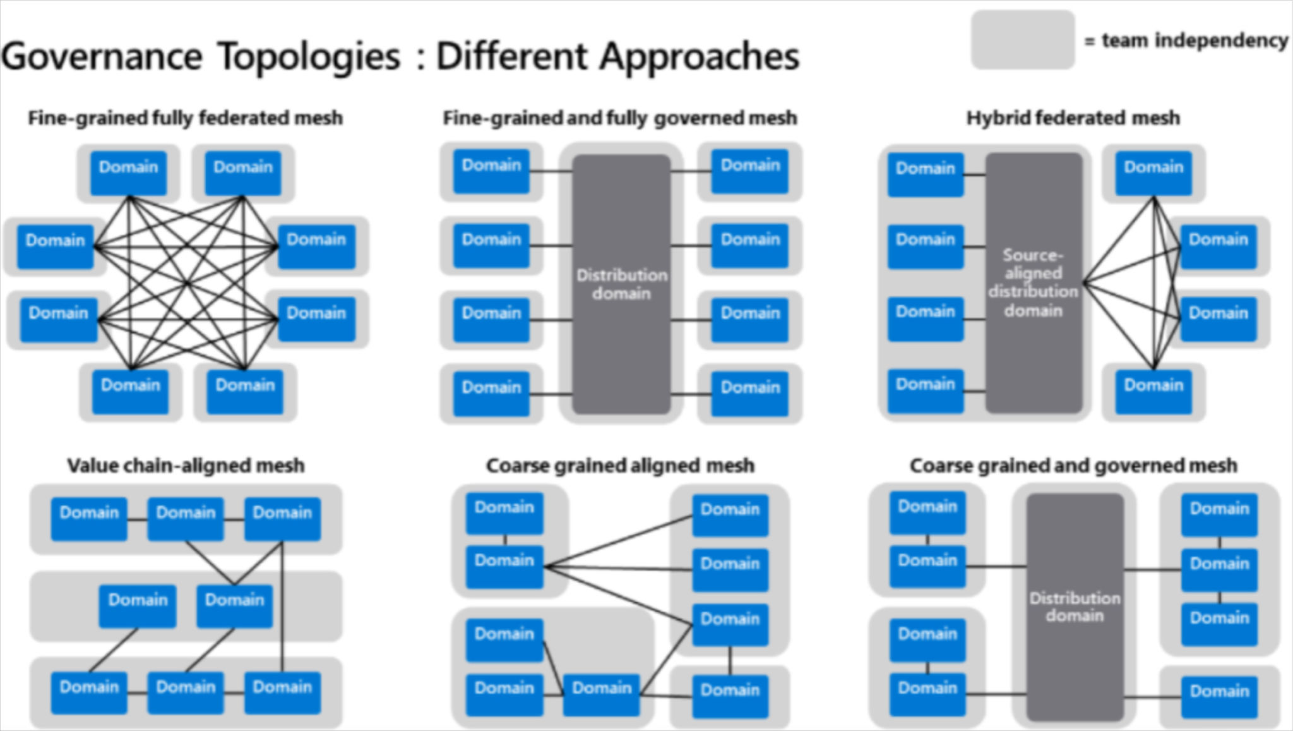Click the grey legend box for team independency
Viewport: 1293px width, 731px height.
click(1022, 39)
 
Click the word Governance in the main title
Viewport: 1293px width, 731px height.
click(101, 57)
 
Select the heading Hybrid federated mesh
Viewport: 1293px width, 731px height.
click(1073, 118)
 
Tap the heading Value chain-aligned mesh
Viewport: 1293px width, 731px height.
click(186, 466)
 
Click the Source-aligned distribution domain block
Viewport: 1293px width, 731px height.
click(1034, 282)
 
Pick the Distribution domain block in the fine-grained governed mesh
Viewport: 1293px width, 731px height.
click(621, 284)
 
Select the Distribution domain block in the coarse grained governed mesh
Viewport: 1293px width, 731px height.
click(1075, 607)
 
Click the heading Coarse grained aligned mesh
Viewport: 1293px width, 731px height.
click(620, 466)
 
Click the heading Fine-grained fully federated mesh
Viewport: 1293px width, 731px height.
click(185, 118)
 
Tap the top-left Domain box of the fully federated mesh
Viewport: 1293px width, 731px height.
click(128, 172)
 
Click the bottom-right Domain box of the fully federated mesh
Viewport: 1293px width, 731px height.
click(245, 391)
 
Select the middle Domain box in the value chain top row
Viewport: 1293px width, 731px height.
click(186, 519)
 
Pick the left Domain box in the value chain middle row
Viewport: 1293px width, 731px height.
click(138, 605)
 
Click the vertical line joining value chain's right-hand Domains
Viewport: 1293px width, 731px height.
click(282, 607)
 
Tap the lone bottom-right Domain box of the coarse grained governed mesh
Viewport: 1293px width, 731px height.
click(1219, 696)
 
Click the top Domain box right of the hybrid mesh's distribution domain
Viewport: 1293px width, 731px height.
click(1153, 172)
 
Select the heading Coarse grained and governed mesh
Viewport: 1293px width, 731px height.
click(1073, 466)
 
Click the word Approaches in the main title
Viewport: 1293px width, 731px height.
click(699, 57)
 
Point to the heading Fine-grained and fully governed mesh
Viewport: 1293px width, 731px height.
click(620, 118)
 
